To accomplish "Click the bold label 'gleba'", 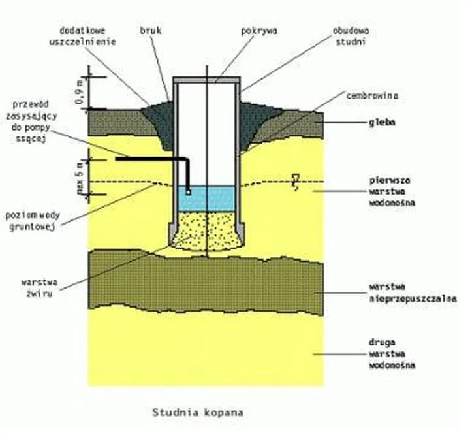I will (x=378, y=121).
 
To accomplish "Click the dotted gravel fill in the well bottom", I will (x=204, y=231).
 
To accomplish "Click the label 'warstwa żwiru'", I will (x=40, y=288).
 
